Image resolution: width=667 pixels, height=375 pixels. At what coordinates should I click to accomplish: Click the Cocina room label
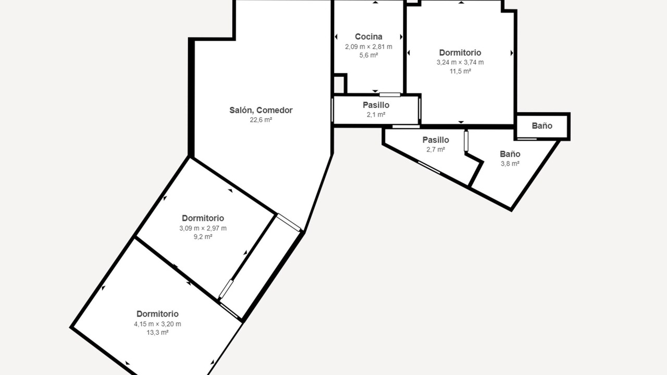368,36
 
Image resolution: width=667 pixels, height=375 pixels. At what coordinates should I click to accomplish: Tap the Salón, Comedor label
261,110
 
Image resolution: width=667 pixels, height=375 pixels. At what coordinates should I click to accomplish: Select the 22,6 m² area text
261,120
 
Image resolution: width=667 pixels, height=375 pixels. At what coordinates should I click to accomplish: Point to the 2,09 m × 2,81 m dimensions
368,47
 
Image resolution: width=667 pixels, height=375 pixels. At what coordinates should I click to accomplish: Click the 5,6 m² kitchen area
368,55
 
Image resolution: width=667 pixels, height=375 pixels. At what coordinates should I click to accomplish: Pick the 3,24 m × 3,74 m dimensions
460,63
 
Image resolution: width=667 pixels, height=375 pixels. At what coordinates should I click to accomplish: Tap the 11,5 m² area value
460,71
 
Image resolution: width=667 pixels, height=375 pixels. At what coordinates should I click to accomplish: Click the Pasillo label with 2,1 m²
376,105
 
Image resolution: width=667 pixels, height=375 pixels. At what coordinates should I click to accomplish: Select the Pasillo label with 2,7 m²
436,140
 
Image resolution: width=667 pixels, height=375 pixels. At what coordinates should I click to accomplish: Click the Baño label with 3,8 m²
510,154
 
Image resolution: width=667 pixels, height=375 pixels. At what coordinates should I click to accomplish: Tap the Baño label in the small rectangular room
542,126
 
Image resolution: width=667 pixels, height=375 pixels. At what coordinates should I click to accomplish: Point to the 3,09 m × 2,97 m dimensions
203,228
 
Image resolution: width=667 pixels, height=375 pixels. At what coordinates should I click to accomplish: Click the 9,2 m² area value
203,237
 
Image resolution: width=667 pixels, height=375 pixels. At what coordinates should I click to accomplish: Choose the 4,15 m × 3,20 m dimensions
157,324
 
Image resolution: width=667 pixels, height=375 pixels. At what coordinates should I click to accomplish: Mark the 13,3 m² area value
157,332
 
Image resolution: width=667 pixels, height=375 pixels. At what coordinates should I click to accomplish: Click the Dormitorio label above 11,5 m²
460,53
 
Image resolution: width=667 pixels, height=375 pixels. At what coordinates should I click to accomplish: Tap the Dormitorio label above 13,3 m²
157,314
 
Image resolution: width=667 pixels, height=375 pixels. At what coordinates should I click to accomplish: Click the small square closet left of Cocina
339,84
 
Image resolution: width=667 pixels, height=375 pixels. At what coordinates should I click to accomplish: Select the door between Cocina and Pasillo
389,95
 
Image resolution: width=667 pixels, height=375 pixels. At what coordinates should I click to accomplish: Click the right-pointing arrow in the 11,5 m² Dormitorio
512,53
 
